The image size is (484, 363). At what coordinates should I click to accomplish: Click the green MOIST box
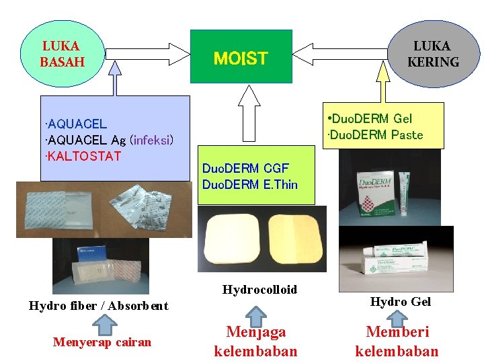click(241, 56)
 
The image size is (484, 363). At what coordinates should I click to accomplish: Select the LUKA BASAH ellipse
click(63, 54)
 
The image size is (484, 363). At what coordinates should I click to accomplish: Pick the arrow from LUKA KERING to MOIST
click(341, 53)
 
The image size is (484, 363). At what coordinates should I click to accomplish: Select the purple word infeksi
click(153, 140)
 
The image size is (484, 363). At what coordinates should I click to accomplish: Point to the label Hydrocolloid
click(259, 290)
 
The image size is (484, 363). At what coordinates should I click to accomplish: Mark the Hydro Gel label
click(400, 302)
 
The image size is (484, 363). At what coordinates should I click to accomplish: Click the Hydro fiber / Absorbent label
click(99, 306)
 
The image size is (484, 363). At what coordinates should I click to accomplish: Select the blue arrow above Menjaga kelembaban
click(255, 313)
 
